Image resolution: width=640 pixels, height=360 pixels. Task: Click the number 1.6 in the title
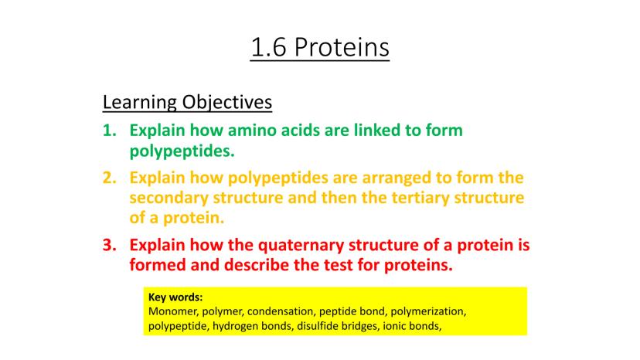tap(268, 47)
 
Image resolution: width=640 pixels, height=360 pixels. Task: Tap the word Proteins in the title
tap(342, 47)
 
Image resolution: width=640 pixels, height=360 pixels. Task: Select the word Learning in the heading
tap(139, 103)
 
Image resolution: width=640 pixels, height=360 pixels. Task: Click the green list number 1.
tap(110, 131)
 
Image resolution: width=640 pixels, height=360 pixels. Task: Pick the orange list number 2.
tap(110, 178)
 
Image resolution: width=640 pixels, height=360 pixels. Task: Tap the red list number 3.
tap(110, 245)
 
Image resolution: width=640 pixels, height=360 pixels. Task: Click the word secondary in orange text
tap(169, 199)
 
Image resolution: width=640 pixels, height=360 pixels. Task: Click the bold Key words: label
tap(175, 297)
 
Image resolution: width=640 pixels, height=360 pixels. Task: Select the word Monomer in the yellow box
tap(173, 312)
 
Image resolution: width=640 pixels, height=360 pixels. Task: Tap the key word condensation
tap(281, 311)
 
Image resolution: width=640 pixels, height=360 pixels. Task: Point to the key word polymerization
tap(428, 312)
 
